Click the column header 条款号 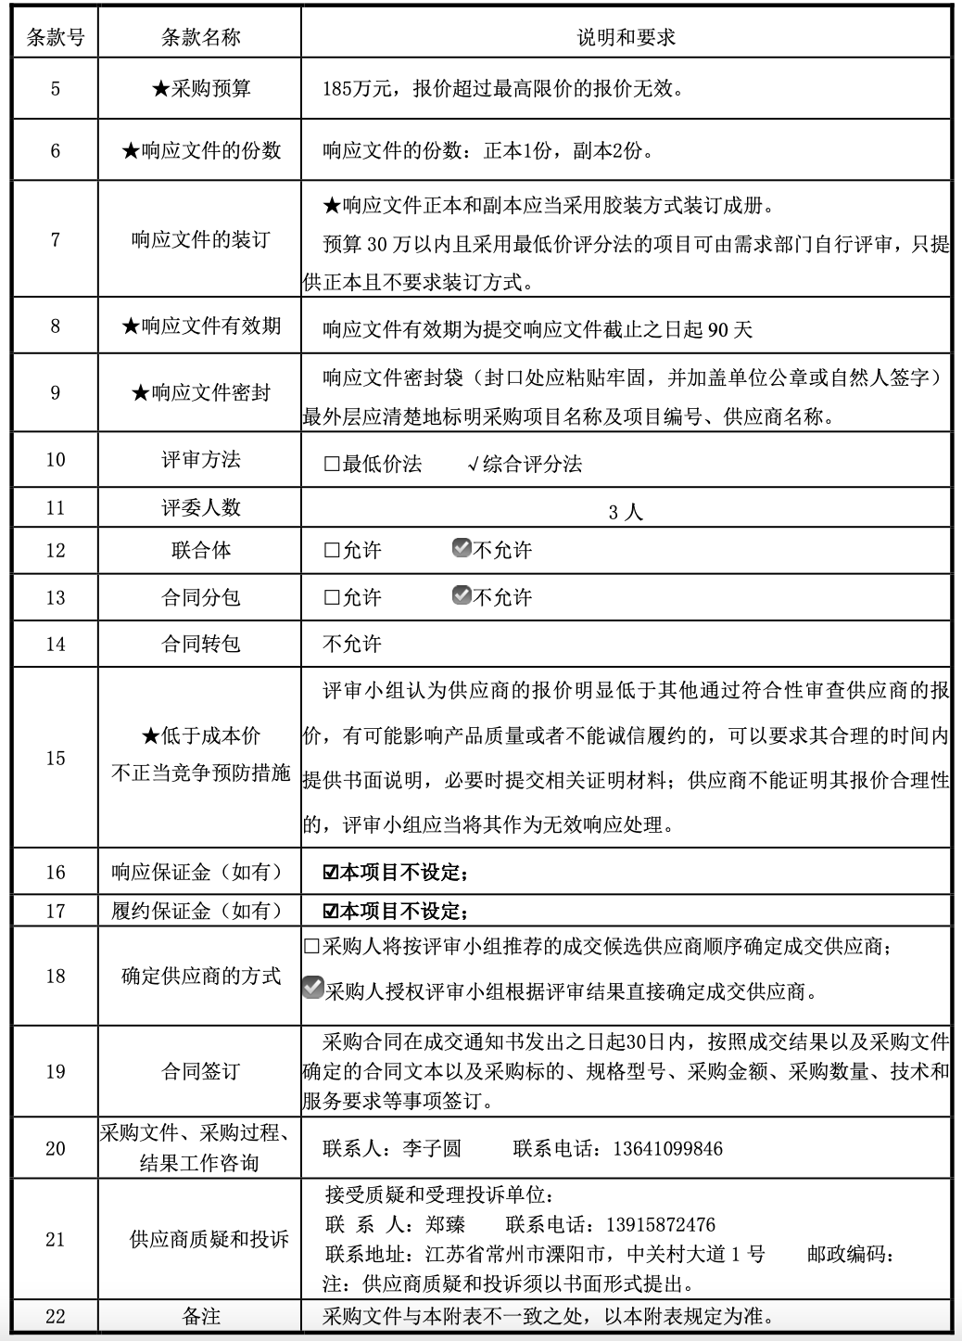(x=55, y=37)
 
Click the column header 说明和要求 (x=626, y=37)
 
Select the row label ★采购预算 (x=200, y=89)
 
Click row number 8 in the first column (x=55, y=326)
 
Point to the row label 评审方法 (x=200, y=460)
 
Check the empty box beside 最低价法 (x=332, y=465)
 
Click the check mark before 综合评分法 (x=473, y=465)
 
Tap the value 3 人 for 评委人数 (x=626, y=512)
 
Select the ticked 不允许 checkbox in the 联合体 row (x=462, y=548)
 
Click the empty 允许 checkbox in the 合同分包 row (x=332, y=598)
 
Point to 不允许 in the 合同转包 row (x=351, y=644)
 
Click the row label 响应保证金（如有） (x=196, y=872)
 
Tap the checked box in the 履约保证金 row (x=330, y=911)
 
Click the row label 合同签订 (x=200, y=1072)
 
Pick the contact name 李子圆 (x=431, y=1149)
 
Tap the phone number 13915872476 (x=660, y=1224)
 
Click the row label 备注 (x=200, y=1316)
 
